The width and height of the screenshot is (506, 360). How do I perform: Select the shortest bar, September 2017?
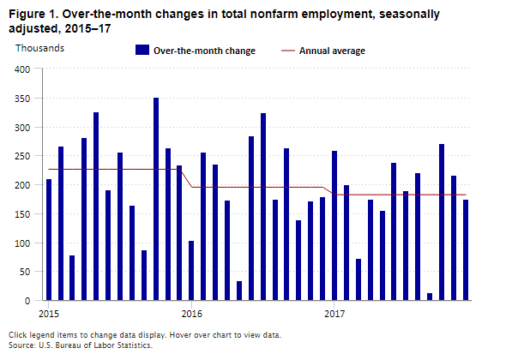pyautogui.click(x=430, y=297)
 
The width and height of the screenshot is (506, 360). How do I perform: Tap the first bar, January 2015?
pyautogui.click(x=49, y=240)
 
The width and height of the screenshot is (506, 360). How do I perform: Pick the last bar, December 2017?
pyautogui.click(x=466, y=250)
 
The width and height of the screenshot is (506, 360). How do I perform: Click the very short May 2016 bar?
pyautogui.click(x=239, y=291)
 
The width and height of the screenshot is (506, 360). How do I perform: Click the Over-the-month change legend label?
pyautogui.click(x=204, y=51)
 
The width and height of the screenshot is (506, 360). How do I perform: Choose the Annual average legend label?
pyautogui.click(x=331, y=51)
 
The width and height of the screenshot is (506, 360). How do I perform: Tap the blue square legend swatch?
pyautogui.click(x=142, y=51)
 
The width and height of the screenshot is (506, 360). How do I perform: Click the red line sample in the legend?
pyautogui.click(x=289, y=51)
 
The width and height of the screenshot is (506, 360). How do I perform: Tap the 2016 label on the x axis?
pyautogui.click(x=191, y=313)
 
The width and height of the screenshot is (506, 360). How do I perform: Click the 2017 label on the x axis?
pyautogui.click(x=334, y=313)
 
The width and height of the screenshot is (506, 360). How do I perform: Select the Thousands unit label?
pyautogui.click(x=39, y=47)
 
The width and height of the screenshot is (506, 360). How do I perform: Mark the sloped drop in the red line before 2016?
pyautogui.click(x=186, y=178)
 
